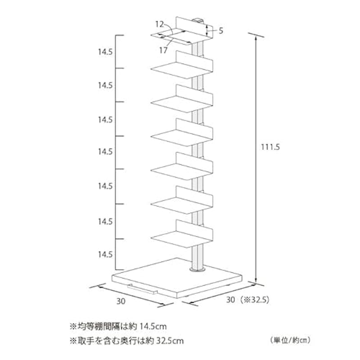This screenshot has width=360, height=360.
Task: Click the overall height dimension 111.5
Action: click(x=270, y=147)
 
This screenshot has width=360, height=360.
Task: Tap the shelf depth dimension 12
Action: click(x=160, y=24)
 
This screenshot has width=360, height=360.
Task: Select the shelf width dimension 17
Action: click(x=163, y=50)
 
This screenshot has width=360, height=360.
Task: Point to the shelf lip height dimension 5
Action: click(x=220, y=31)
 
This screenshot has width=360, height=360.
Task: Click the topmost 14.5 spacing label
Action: click(x=105, y=52)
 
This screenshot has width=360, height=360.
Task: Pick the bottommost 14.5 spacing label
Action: click(x=105, y=254)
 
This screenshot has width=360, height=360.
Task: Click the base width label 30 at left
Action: click(x=121, y=301)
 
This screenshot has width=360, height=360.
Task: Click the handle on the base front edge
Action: click(x=142, y=290)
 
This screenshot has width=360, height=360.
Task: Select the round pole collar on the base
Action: click(x=197, y=269)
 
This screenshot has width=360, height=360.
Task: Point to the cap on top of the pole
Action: click(x=198, y=21)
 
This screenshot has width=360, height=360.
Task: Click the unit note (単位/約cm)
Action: click(x=290, y=340)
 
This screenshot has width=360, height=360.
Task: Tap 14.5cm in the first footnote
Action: click(x=153, y=326)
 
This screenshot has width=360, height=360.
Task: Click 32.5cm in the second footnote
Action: click(x=170, y=341)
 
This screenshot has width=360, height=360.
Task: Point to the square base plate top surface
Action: click(x=177, y=275)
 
